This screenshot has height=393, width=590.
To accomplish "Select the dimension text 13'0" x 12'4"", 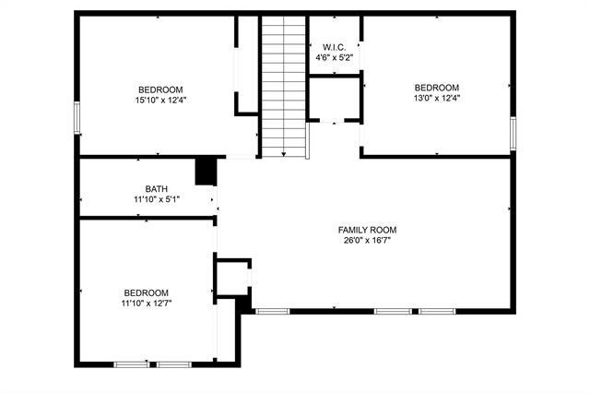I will tap(437, 98).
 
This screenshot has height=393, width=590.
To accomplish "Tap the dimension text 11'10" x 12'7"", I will tap(146, 302).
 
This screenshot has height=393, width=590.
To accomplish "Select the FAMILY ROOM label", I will tap(367, 230).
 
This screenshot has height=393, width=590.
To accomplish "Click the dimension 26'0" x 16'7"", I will tap(367, 241).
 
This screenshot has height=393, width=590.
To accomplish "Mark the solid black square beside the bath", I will tap(206, 172).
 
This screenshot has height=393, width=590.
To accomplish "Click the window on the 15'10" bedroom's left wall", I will tap(77, 118).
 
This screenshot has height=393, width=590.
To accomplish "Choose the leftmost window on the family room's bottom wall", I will tap(272, 311).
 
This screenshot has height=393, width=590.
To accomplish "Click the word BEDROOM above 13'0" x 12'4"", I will tap(437, 88).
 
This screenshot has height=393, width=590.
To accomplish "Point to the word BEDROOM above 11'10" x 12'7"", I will tap(146, 292).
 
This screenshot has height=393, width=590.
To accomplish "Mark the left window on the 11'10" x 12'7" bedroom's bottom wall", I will tap(130, 364).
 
